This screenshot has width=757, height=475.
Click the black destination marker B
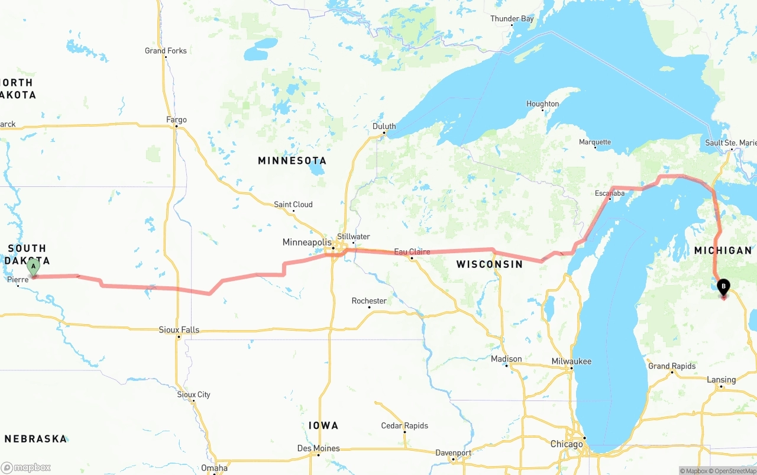723,287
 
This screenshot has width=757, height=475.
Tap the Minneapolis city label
307,243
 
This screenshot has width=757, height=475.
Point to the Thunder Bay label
512,19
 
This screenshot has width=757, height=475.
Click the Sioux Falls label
179,330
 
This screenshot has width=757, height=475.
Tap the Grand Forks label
166,51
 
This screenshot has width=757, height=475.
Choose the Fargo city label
176,120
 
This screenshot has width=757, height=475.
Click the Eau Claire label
412,252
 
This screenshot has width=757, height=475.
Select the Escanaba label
609,193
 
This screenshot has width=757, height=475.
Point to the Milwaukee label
571,361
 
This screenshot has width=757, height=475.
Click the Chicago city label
566,444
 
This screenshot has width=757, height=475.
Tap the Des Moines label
318,448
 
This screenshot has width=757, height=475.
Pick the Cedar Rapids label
405,426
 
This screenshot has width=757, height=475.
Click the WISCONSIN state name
489,264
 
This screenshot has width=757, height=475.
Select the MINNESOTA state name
292,161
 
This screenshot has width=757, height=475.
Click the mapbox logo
26,468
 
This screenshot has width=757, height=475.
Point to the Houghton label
542,104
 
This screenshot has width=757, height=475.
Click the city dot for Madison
506,366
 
